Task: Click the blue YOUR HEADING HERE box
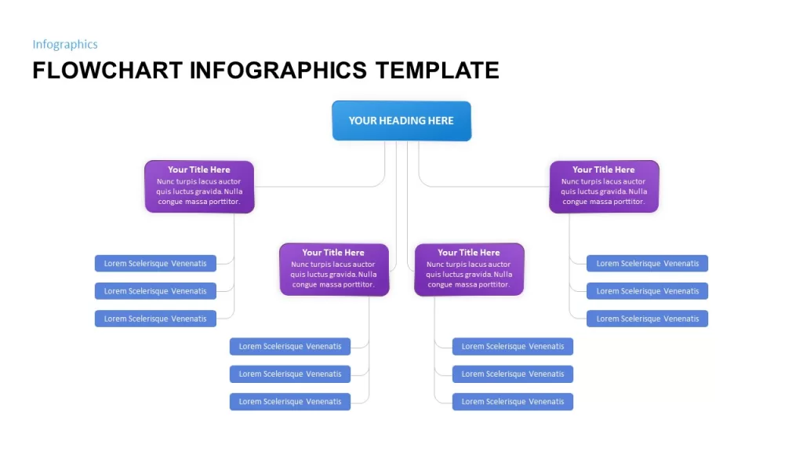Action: coord(401,121)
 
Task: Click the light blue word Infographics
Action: coord(65,45)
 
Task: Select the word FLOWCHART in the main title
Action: coord(107,71)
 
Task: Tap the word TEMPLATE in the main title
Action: coord(437,71)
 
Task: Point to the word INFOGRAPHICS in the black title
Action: coord(278,71)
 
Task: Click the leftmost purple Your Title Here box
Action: coord(199,187)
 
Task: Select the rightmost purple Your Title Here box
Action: coord(604,187)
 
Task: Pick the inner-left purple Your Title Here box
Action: coord(334,270)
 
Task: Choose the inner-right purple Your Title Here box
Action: coord(469,270)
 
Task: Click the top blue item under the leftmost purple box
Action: coord(155,264)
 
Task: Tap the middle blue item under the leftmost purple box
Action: coord(155,291)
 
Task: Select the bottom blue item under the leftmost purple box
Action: coord(155,319)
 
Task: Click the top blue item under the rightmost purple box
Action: coord(647,264)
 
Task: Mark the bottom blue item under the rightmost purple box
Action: coord(647,319)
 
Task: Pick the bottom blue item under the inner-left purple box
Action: coord(290,402)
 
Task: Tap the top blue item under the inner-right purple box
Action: coord(513,346)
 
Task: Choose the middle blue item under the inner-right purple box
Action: coord(513,374)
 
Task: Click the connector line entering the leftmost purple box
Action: coord(328,187)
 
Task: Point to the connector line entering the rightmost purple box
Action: coord(476,187)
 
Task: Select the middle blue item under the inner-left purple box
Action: coord(290,374)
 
